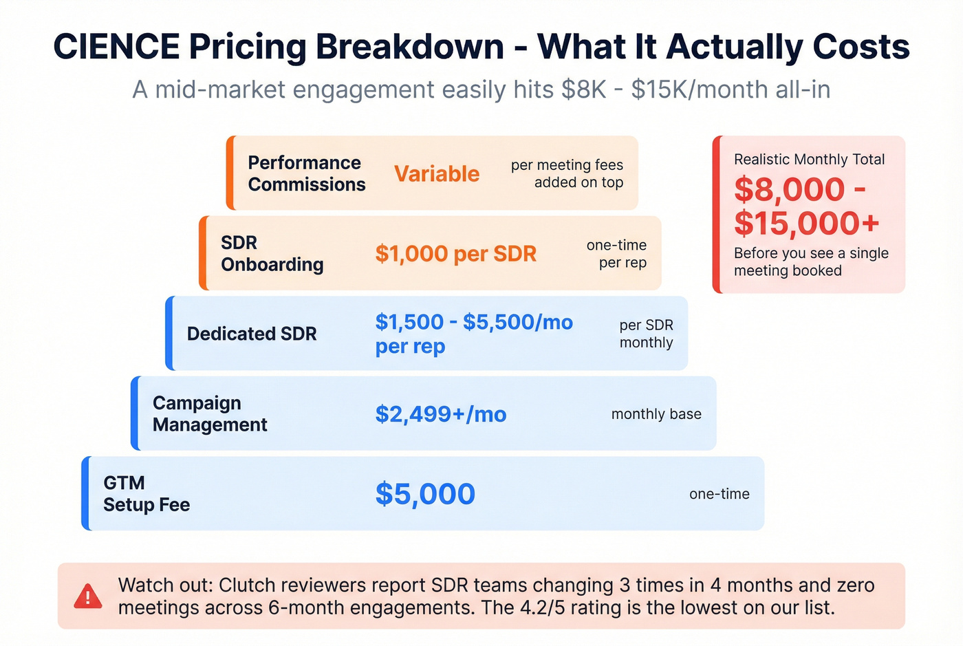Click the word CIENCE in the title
(116, 47)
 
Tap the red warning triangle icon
(88, 596)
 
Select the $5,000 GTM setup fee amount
(425, 494)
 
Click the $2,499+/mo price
(441, 414)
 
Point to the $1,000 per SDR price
(455, 254)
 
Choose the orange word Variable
(437, 174)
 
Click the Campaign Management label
(209, 414)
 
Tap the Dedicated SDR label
(252, 334)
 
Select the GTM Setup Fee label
(147, 494)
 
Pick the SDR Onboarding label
(272, 254)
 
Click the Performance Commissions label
(306, 173)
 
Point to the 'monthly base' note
(656, 414)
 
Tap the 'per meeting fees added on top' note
(567, 174)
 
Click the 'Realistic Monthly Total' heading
(809, 160)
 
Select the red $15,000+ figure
(806, 223)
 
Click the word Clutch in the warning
(249, 585)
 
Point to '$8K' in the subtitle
(583, 90)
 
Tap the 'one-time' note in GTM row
(719, 494)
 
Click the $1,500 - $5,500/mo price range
(474, 322)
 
